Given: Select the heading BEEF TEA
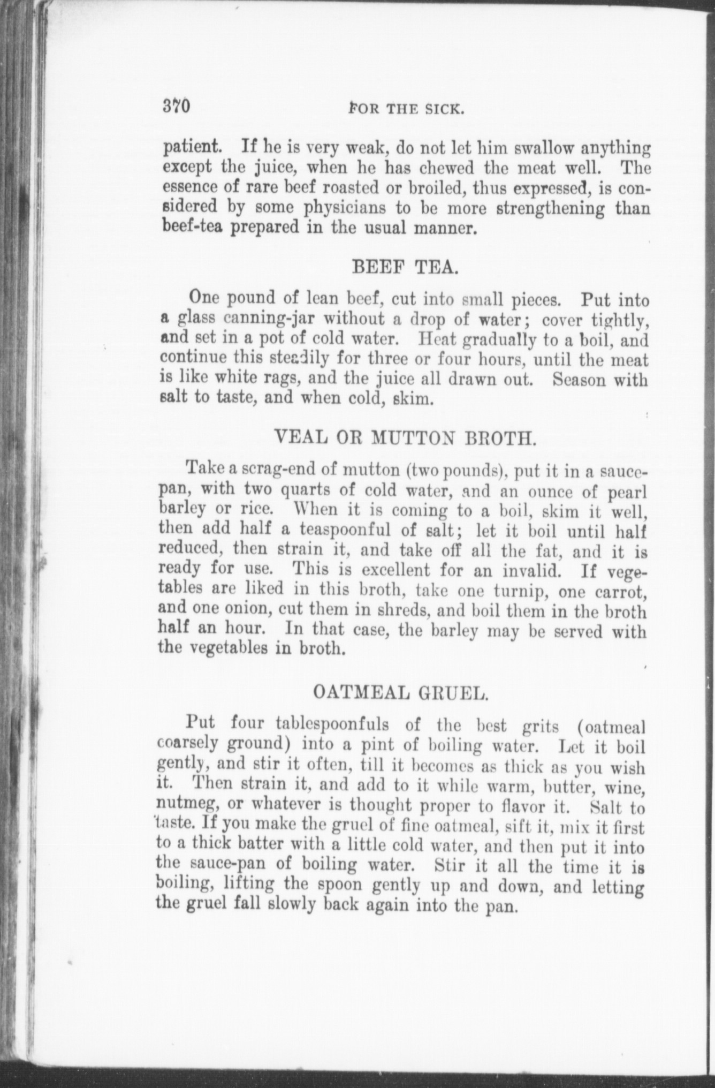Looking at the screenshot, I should (404, 266).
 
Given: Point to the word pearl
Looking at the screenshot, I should (625, 490).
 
